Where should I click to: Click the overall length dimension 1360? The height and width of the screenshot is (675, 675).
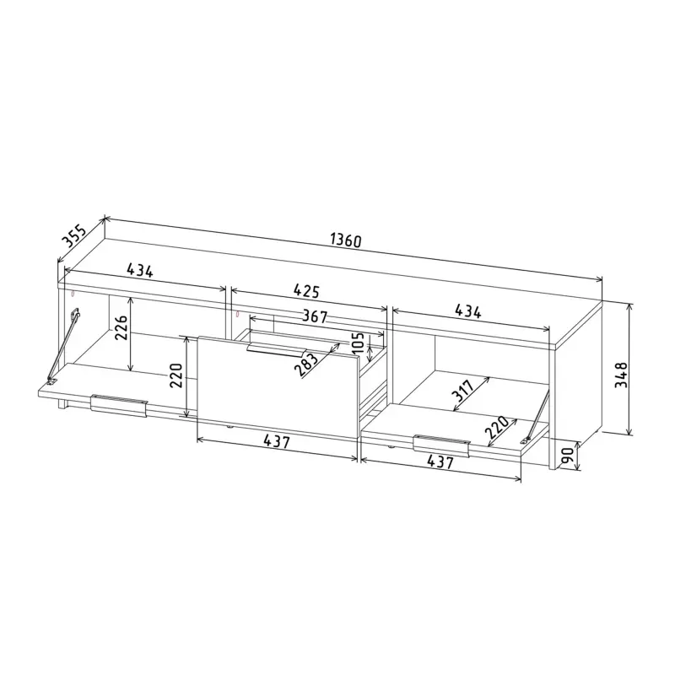tap(346, 240)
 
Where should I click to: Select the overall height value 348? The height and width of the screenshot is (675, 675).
tap(621, 375)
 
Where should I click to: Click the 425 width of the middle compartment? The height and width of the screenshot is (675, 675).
tap(306, 291)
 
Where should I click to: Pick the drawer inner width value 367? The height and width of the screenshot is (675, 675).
tap(315, 316)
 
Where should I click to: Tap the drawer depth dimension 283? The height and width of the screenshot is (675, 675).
tap(307, 362)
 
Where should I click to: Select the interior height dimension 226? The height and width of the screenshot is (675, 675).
tap(121, 327)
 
